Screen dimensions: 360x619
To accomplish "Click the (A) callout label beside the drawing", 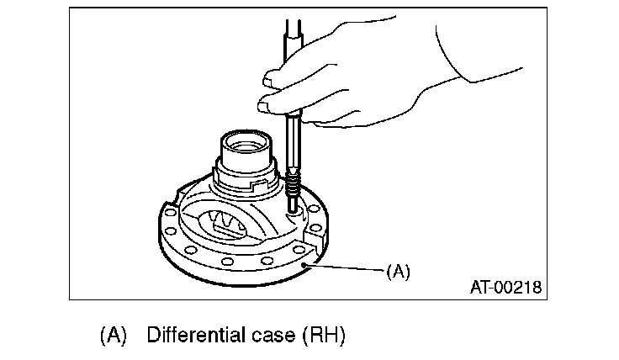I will coord(397,273).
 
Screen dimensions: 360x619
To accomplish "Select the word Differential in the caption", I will coord(195,335).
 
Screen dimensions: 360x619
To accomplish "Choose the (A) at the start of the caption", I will coord(113,335).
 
